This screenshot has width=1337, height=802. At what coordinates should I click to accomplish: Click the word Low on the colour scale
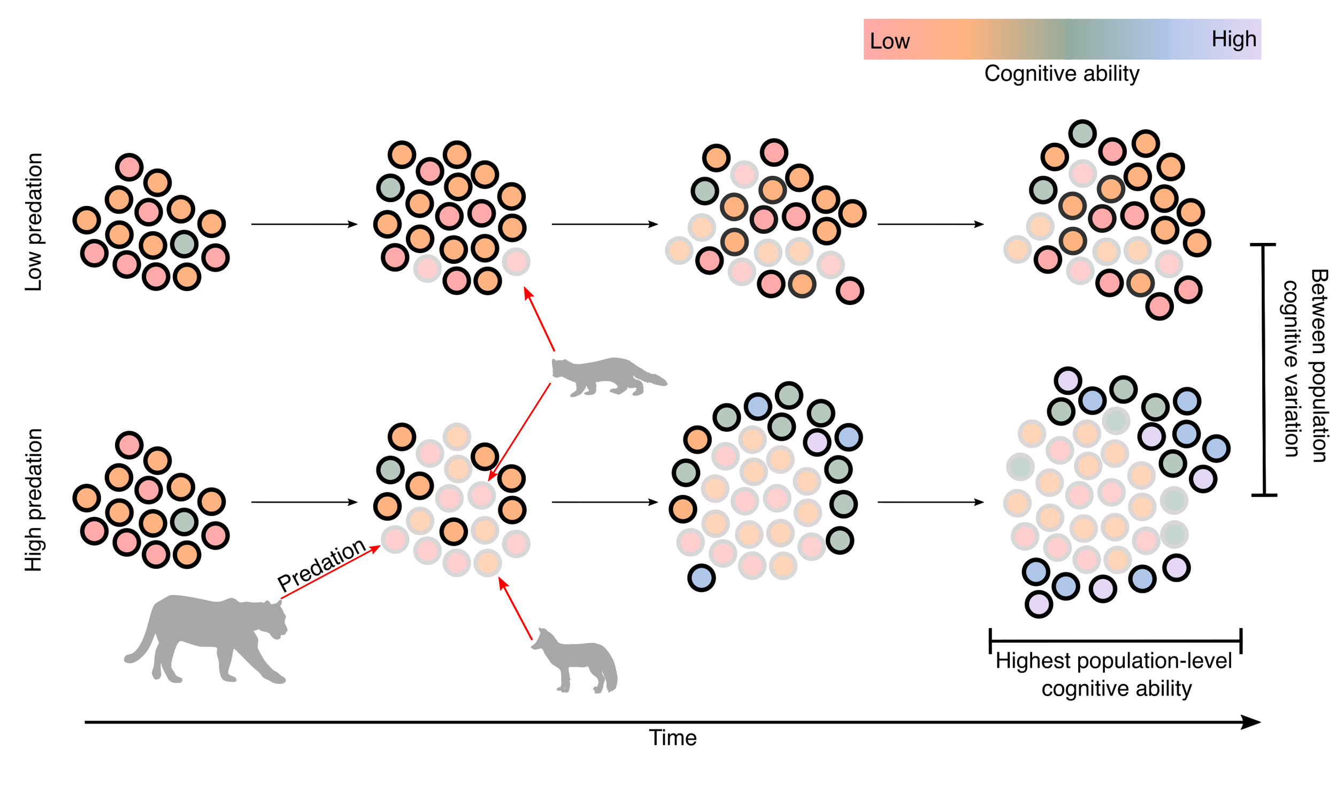pos(889,41)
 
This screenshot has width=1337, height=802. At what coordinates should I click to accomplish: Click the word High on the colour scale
pos(1233,39)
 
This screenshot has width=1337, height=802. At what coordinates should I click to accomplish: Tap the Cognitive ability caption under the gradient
pos(1062,73)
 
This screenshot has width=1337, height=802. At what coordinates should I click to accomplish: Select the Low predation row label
pos(34,222)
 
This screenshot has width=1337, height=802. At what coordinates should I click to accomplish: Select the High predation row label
pos(34,500)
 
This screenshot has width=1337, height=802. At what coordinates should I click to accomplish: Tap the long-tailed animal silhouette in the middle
pos(605,375)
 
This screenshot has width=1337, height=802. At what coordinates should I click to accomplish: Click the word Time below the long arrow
pos(673,738)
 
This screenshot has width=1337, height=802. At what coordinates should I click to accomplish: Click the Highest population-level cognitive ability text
pos(1115,675)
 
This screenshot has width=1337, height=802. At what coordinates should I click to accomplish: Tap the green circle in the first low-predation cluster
pos(184,244)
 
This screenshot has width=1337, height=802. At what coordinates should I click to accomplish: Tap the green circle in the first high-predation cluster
pos(184,522)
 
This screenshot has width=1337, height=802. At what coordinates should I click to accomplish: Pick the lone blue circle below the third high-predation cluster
pos(701,577)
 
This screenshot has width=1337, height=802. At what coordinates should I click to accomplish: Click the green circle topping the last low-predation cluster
pos(1082,133)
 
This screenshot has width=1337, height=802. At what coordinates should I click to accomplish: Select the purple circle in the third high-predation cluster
pos(816,441)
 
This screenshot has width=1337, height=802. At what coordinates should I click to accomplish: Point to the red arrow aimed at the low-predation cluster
pos(539,319)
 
